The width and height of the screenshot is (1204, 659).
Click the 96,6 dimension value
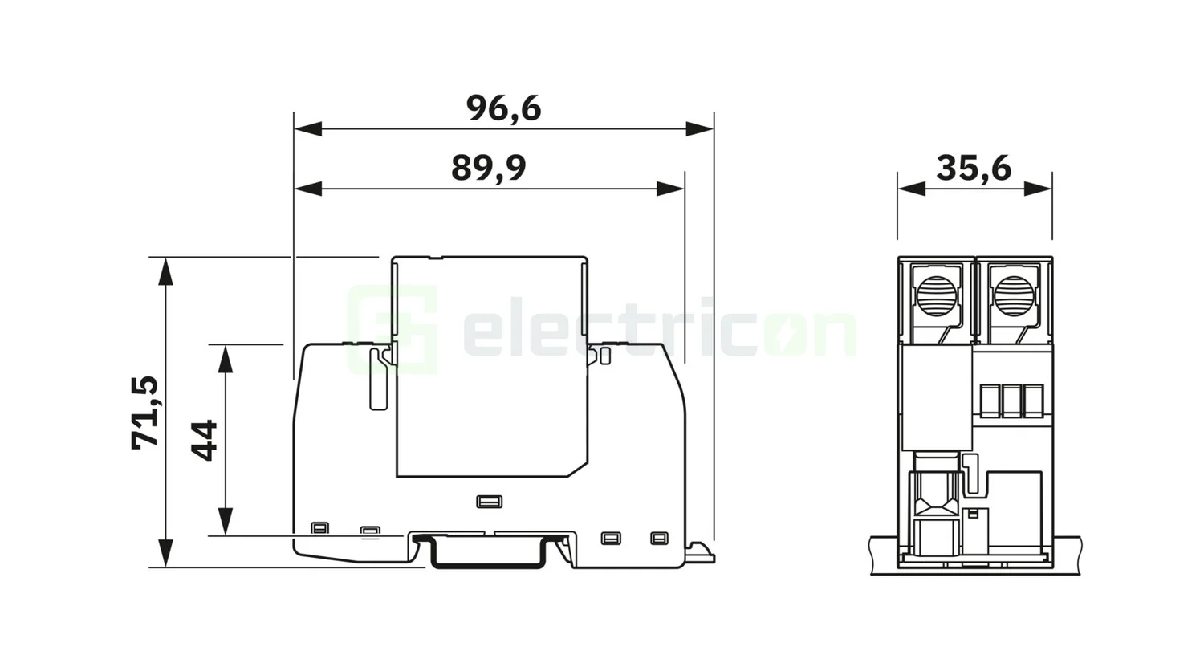click(503, 108)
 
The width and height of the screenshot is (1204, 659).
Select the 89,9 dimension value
click(488, 169)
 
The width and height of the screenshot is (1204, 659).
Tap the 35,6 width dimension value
click(973, 169)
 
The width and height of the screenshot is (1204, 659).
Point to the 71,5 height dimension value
click(145, 412)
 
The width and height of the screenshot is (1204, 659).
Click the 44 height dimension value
click(205, 440)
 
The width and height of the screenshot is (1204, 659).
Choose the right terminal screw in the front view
click(1013, 295)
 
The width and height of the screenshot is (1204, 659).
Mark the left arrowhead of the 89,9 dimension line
click(308, 189)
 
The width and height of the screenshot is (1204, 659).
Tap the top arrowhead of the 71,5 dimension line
click(165, 271)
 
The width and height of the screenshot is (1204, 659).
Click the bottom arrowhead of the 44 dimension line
click(226, 521)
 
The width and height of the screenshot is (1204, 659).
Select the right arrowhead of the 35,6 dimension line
click(1038, 189)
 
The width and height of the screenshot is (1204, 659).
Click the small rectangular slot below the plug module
click(489, 502)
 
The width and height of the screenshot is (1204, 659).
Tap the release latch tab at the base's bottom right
click(700, 551)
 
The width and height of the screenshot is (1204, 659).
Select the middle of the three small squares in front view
click(1012, 401)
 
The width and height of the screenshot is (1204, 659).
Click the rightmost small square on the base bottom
click(659, 538)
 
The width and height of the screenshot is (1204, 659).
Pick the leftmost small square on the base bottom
click(319, 528)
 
